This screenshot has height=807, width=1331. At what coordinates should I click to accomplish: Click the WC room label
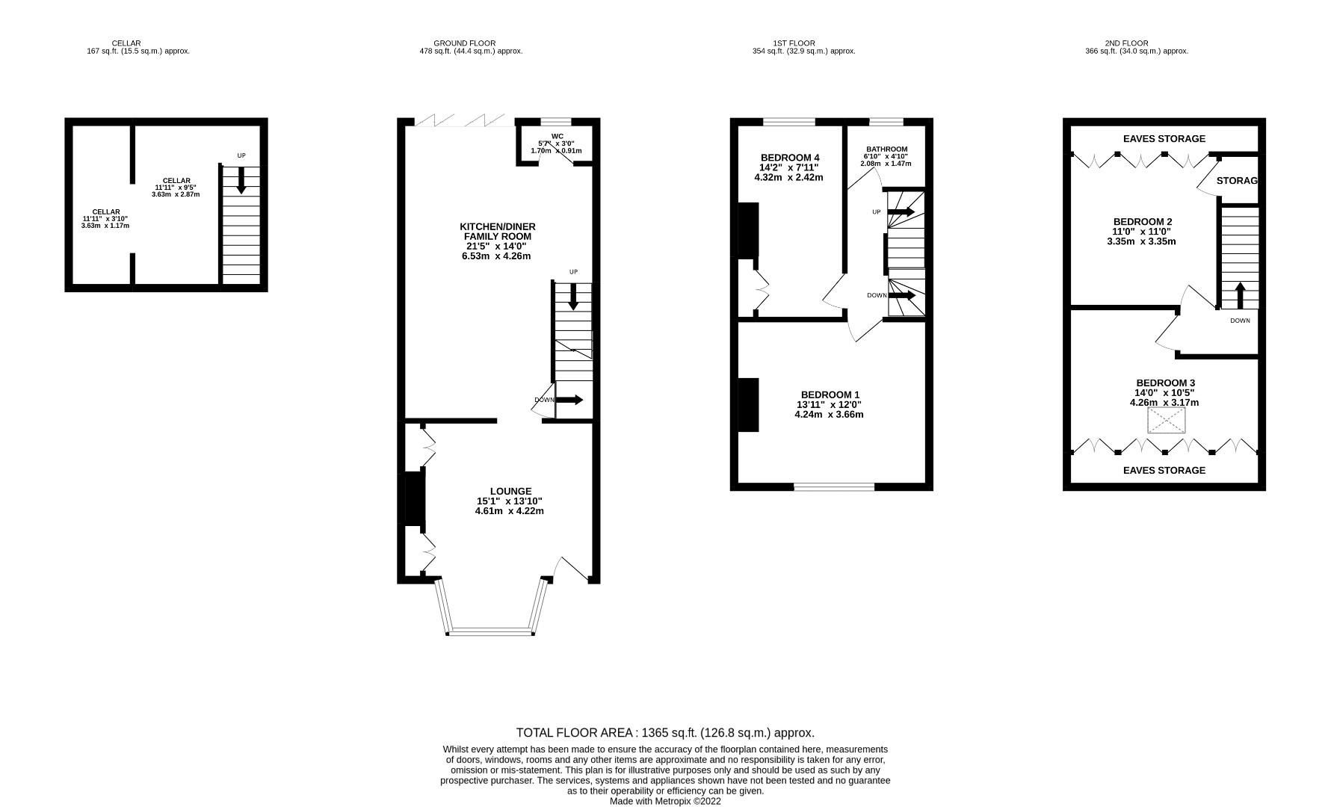(557, 136)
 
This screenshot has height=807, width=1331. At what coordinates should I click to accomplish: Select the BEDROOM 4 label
(790, 157)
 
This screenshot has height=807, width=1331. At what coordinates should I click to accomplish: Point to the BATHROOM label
(886, 149)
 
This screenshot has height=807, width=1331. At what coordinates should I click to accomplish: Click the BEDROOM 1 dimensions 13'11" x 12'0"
(829, 404)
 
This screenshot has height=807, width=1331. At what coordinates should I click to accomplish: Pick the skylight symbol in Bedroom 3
(1167, 421)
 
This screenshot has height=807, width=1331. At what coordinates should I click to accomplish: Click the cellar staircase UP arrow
(241, 180)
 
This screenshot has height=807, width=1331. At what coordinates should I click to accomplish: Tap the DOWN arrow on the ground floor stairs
(569, 400)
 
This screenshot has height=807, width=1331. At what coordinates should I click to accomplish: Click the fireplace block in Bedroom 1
(748, 404)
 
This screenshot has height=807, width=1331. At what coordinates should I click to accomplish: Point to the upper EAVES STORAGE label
(1164, 138)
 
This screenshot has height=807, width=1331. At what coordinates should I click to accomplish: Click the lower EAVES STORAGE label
(1164, 470)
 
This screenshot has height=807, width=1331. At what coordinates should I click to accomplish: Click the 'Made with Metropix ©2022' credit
(664, 801)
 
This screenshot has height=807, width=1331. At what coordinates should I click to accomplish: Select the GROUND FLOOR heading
(464, 43)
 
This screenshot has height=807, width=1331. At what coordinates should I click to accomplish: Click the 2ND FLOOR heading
(1125, 43)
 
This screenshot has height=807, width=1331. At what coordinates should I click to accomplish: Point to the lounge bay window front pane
(490, 632)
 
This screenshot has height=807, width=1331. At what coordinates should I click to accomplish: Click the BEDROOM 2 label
(1142, 221)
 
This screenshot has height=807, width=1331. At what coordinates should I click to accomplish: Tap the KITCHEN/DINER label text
(497, 226)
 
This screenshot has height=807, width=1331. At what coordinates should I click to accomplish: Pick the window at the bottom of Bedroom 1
(833, 487)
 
